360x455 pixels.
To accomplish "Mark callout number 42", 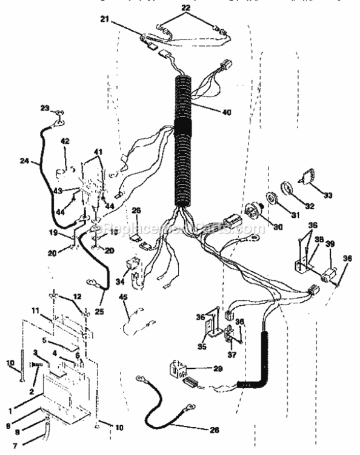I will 65,141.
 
